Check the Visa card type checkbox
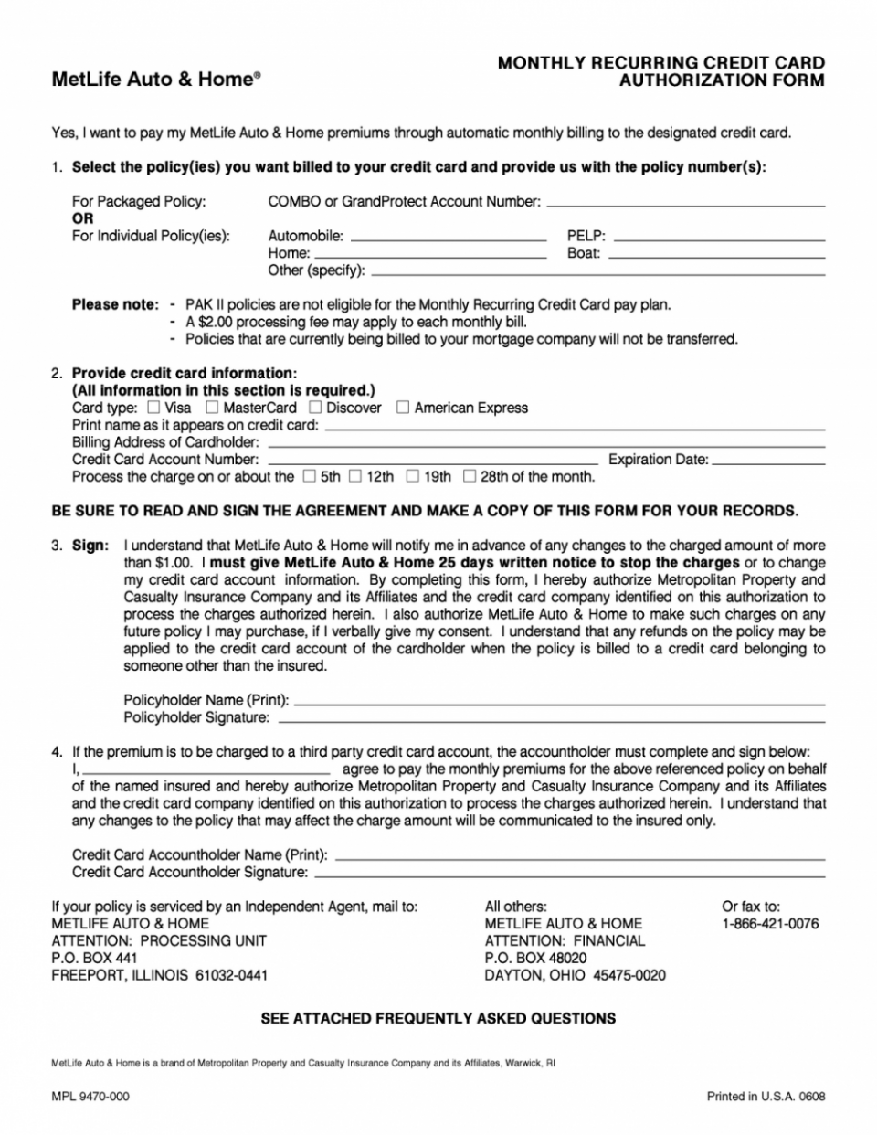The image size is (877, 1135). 153,408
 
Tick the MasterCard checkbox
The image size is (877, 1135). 212,408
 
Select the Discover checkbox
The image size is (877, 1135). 315,408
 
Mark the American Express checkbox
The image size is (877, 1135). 403,408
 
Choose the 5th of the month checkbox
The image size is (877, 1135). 310,476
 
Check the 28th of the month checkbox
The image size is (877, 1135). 470,476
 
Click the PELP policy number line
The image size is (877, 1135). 718,239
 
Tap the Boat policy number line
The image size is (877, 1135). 716,257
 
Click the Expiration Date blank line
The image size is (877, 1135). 767,463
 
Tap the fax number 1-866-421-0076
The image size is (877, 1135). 770,924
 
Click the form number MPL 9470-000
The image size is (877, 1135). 90,1096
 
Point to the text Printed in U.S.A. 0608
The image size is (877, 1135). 766,1096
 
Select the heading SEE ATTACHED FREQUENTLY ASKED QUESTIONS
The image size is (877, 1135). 438,1018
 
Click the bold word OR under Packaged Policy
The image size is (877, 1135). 83,218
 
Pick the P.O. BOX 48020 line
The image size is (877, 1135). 535,958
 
